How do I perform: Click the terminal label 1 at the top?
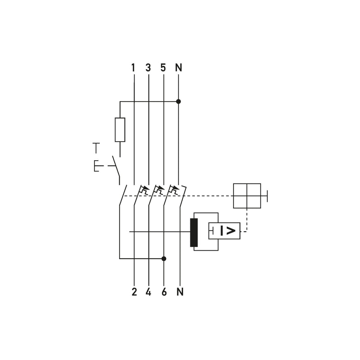(x=133, y=68)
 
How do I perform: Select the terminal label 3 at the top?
(x=148, y=68)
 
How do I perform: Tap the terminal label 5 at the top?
(x=163, y=68)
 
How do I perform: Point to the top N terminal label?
(x=178, y=68)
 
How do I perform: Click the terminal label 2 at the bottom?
(x=134, y=292)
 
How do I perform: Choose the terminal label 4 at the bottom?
(x=148, y=292)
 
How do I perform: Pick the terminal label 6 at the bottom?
(x=164, y=292)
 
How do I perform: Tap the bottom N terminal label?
(x=180, y=292)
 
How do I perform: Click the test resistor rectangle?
(x=120, y=130)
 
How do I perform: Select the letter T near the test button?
(x=96, y=148)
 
